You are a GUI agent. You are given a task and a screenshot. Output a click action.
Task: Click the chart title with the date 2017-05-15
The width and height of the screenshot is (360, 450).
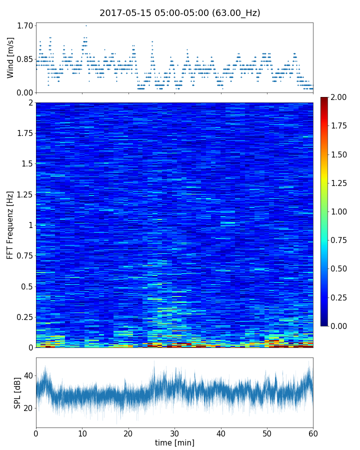click(180, 13)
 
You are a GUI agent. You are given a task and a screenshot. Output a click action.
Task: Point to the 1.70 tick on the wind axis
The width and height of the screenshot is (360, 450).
click(25, 25)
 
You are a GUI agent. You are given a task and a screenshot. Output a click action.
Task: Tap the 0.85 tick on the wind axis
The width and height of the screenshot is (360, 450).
click(25, 59)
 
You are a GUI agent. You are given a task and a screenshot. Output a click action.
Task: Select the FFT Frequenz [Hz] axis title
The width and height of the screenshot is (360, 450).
click(10, 224)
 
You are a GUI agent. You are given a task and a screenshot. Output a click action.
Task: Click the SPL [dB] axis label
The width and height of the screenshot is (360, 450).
click(17, 392)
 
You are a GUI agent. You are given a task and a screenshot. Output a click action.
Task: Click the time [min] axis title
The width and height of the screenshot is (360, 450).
click(174, 442)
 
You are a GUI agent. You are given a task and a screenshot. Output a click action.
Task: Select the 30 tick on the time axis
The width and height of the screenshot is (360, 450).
click(174, 432)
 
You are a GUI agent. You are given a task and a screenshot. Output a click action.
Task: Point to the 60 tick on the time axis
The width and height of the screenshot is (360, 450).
click(313, 432)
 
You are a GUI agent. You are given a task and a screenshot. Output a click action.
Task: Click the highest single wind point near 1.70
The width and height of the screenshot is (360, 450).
click(86, 25)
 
